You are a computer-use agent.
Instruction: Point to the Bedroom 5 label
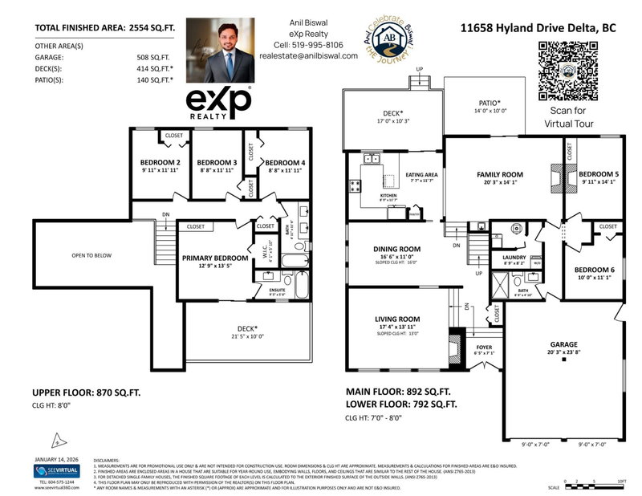coord(599,174)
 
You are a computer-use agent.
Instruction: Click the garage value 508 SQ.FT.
coord(153,58)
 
